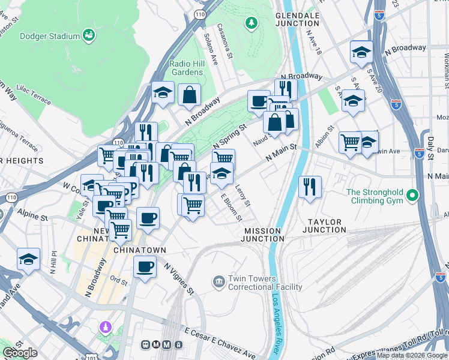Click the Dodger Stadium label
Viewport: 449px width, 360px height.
(49, 36)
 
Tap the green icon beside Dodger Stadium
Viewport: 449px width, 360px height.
(89, 35)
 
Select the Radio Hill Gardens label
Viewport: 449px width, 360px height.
(186, 68)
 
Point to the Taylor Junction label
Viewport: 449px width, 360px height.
(323, 226)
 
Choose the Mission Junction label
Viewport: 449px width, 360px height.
(262, 235)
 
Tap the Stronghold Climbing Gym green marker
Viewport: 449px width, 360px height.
(412, 196)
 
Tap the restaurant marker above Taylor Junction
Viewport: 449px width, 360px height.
(310, 185)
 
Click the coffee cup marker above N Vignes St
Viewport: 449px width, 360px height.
(145, 266)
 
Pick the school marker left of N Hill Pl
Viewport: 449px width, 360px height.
(28, 259)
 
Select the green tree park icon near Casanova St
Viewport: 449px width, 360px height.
(251, 23)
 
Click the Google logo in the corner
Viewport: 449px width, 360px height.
(20, 353)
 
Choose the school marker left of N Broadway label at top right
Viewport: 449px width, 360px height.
(361, 52)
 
